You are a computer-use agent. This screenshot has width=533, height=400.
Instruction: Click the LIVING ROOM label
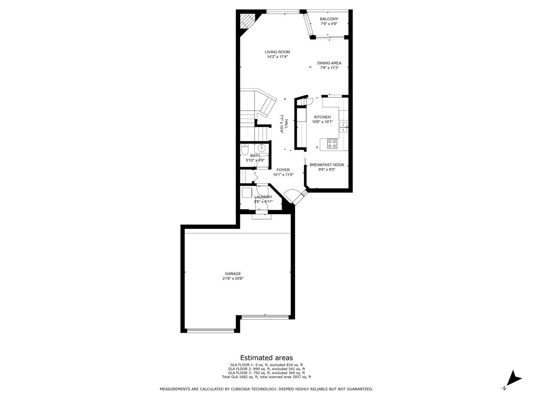pyautogui.click(x=278, y=52)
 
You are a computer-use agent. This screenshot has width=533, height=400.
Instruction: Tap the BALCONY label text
pyautogui.click(x=329, y=19)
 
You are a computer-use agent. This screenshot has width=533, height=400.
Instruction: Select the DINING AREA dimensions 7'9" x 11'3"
pyautogui.click(x=329, y=68)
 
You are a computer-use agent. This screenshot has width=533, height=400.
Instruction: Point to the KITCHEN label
pyautogui.click(x=322, y=117)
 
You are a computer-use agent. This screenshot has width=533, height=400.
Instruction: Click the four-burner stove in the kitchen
pyautogui.click(x=332, y=143)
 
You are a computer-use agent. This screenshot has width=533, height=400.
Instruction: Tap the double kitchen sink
pyautogui.click(x=343, y=127)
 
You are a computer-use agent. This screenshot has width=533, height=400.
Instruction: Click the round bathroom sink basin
pyautogui.click(x=261, y=148)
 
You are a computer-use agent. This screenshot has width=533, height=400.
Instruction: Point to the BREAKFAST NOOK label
pyautogui.click(x=327, y=164)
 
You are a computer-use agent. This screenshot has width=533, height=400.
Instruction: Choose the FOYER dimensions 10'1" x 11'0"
pyautogui.click(x=283, y=175)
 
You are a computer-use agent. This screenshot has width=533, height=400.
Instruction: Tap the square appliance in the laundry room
pyautogui.click(x=247, y=193)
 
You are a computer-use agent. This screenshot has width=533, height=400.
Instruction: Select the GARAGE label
pyautogui.click(x=233, y=274)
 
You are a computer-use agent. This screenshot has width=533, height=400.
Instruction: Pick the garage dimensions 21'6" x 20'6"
pyautogui.click(x=233, y=279)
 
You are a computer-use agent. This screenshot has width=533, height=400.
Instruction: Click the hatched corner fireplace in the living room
pyautogui.click(x=247, y=20)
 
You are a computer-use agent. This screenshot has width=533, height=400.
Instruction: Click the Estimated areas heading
pyautogui.click(x=266, y=357)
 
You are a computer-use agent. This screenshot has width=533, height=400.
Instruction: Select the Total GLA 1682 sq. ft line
pyautogui.click(x=266, y=377)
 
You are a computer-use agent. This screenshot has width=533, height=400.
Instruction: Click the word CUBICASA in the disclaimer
pyautogui.click(x=239, y=389)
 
